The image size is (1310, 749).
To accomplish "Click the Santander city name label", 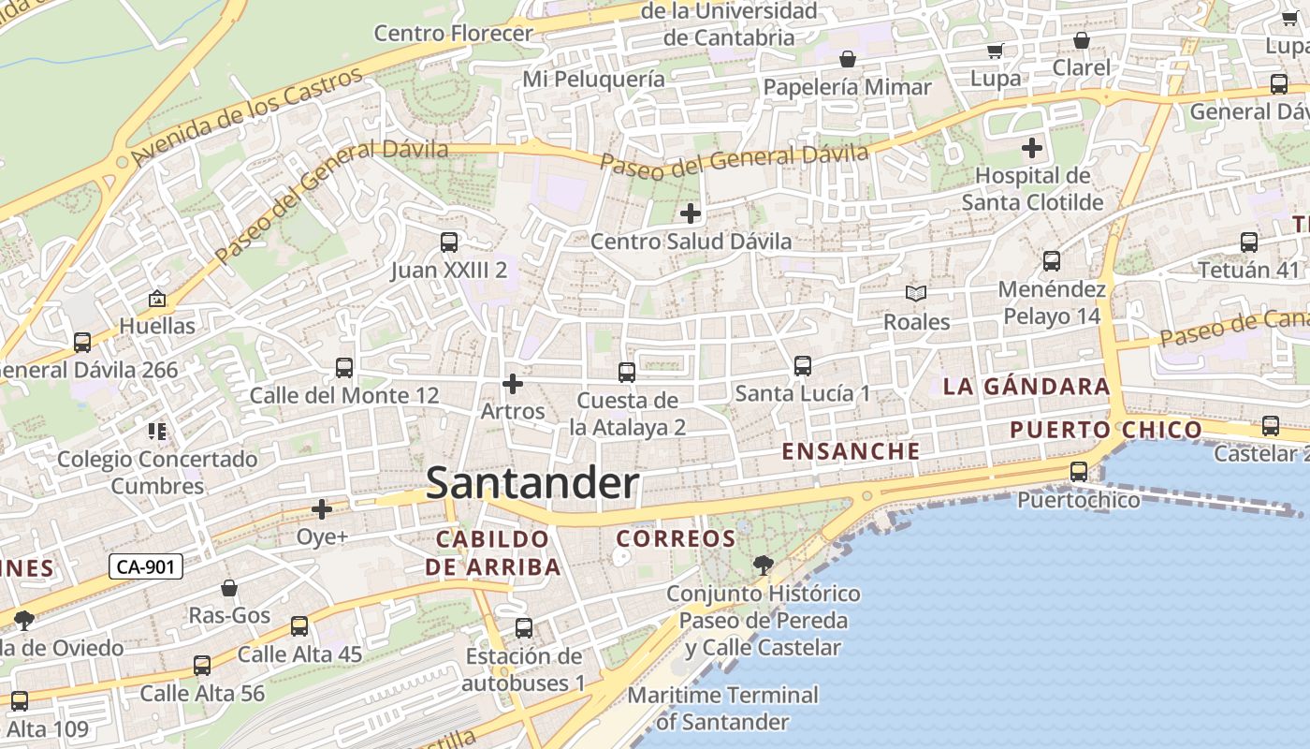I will [x=532, y=483].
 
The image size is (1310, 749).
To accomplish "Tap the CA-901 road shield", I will [x=145, y=566].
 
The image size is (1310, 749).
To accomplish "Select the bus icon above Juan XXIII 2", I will [x=449, y=242].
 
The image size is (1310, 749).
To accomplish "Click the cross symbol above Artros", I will [x=512, y=384].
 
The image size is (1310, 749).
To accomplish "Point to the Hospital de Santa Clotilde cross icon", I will [x=1032, y=148].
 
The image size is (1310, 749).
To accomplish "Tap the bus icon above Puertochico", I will [x=1079, y=471].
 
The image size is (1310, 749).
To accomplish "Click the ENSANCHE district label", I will [x=851, y=450].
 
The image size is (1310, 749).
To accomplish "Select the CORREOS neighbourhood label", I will [x=676, y=538].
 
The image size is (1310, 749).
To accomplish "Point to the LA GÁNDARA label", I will [x=1026, y=386].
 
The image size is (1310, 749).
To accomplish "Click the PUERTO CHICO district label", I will [x=1105, y=430].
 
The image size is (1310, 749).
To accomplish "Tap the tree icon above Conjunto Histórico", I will [x=764, y=565].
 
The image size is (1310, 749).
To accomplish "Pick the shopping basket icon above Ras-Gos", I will [x=229, y=588].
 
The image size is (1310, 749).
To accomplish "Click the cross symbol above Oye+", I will [x=322, y=509].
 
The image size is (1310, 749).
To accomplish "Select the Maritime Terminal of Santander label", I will [x=722, y=709].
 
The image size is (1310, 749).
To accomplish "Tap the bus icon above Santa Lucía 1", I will [x=802, y=366].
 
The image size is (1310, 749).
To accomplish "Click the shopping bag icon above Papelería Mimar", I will [x=848, y=60].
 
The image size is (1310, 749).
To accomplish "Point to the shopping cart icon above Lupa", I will [x=996, y=51].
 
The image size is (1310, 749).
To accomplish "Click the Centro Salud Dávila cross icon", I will [x=691, y=213].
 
